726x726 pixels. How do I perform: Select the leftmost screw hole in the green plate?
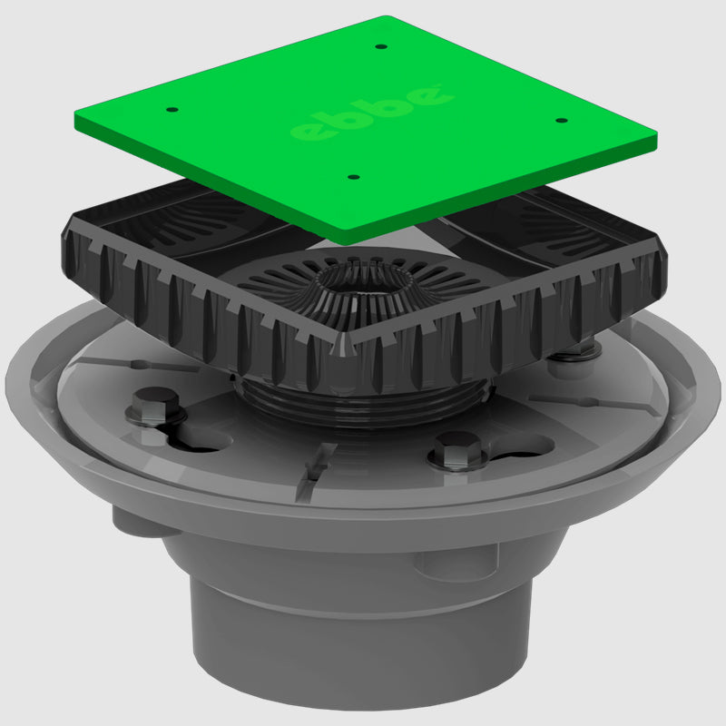pyautogui.click(x=173, y=110)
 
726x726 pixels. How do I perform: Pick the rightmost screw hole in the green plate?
pyautogui.click(x=560, y=120)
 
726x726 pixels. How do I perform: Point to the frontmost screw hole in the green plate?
pyautogui.click(x=354, y=177)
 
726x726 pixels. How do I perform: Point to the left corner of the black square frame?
pyautogui.click(x=66, y=238)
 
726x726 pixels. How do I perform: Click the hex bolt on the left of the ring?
pyautogui.click(x=154, y=405)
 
